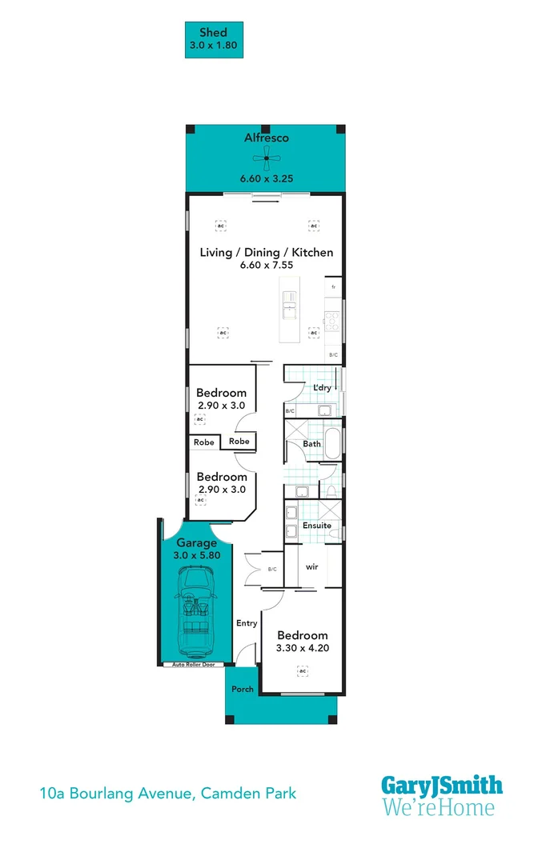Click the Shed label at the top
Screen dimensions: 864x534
(x=213, y=33)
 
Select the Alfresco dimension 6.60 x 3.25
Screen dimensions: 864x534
(x=266, y=178)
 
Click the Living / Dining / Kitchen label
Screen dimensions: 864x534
(x=266, y=252)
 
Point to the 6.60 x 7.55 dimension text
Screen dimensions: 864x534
(x=266, y=266)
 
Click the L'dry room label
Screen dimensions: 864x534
(x=322, y=388)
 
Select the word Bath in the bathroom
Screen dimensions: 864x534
(x=312, y=444)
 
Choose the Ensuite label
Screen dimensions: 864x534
(x=317, y=526)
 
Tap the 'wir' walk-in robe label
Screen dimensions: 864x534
(x=312, y=566)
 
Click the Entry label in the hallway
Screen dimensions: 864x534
(x=247, y=623)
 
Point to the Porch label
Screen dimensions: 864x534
(x=243, y=689)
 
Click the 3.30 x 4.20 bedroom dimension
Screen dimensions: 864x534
(x=303, y=649)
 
